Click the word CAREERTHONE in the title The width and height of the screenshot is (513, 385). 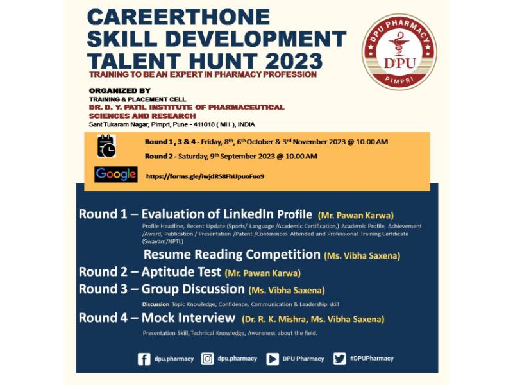point(179,17)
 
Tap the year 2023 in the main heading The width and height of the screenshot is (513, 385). point(294,61)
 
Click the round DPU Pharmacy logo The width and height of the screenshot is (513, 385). point(399,52)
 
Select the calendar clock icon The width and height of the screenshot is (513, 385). point(106,146)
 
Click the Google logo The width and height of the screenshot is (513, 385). point(116,174)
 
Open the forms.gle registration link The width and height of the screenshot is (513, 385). point(205,176)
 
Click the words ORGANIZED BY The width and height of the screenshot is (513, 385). point(120,90)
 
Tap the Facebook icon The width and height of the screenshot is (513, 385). point(144,359)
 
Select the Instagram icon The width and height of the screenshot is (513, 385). point(207,359)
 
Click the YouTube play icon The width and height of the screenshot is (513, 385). point(273,359)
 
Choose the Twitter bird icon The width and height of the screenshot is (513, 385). point(339,359)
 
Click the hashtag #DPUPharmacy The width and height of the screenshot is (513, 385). point(372,359)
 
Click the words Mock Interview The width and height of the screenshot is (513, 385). point(189,318)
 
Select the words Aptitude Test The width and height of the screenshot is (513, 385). point(181,272)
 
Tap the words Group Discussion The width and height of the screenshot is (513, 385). point(193,289)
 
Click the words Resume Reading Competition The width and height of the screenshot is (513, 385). point(232,254)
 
